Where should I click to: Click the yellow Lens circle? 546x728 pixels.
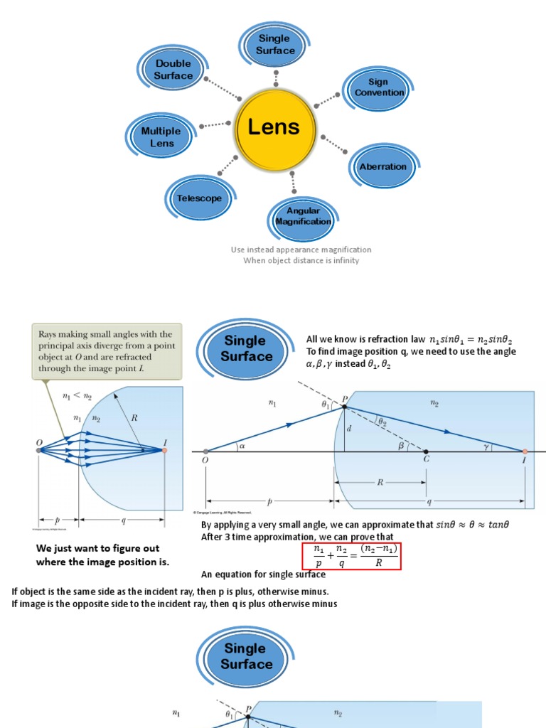(x=274, y=129)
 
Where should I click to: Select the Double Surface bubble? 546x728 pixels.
(x=173, y=70)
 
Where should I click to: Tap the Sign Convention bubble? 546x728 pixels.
(x=378, y=87)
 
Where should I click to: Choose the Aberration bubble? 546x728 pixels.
(x=382, y=167)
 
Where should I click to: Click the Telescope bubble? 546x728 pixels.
(x=199, y=199)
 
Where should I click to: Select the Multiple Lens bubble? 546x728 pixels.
(x=161, y=136)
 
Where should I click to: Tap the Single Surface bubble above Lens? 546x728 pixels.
(x=275, y=45)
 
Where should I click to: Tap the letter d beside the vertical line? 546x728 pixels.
(x=350, y=429)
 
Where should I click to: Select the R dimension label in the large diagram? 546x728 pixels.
(x=380, y=482)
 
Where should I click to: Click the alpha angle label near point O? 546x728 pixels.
(x=242, y=446)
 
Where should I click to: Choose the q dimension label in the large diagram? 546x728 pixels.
(x=429, y=502)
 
